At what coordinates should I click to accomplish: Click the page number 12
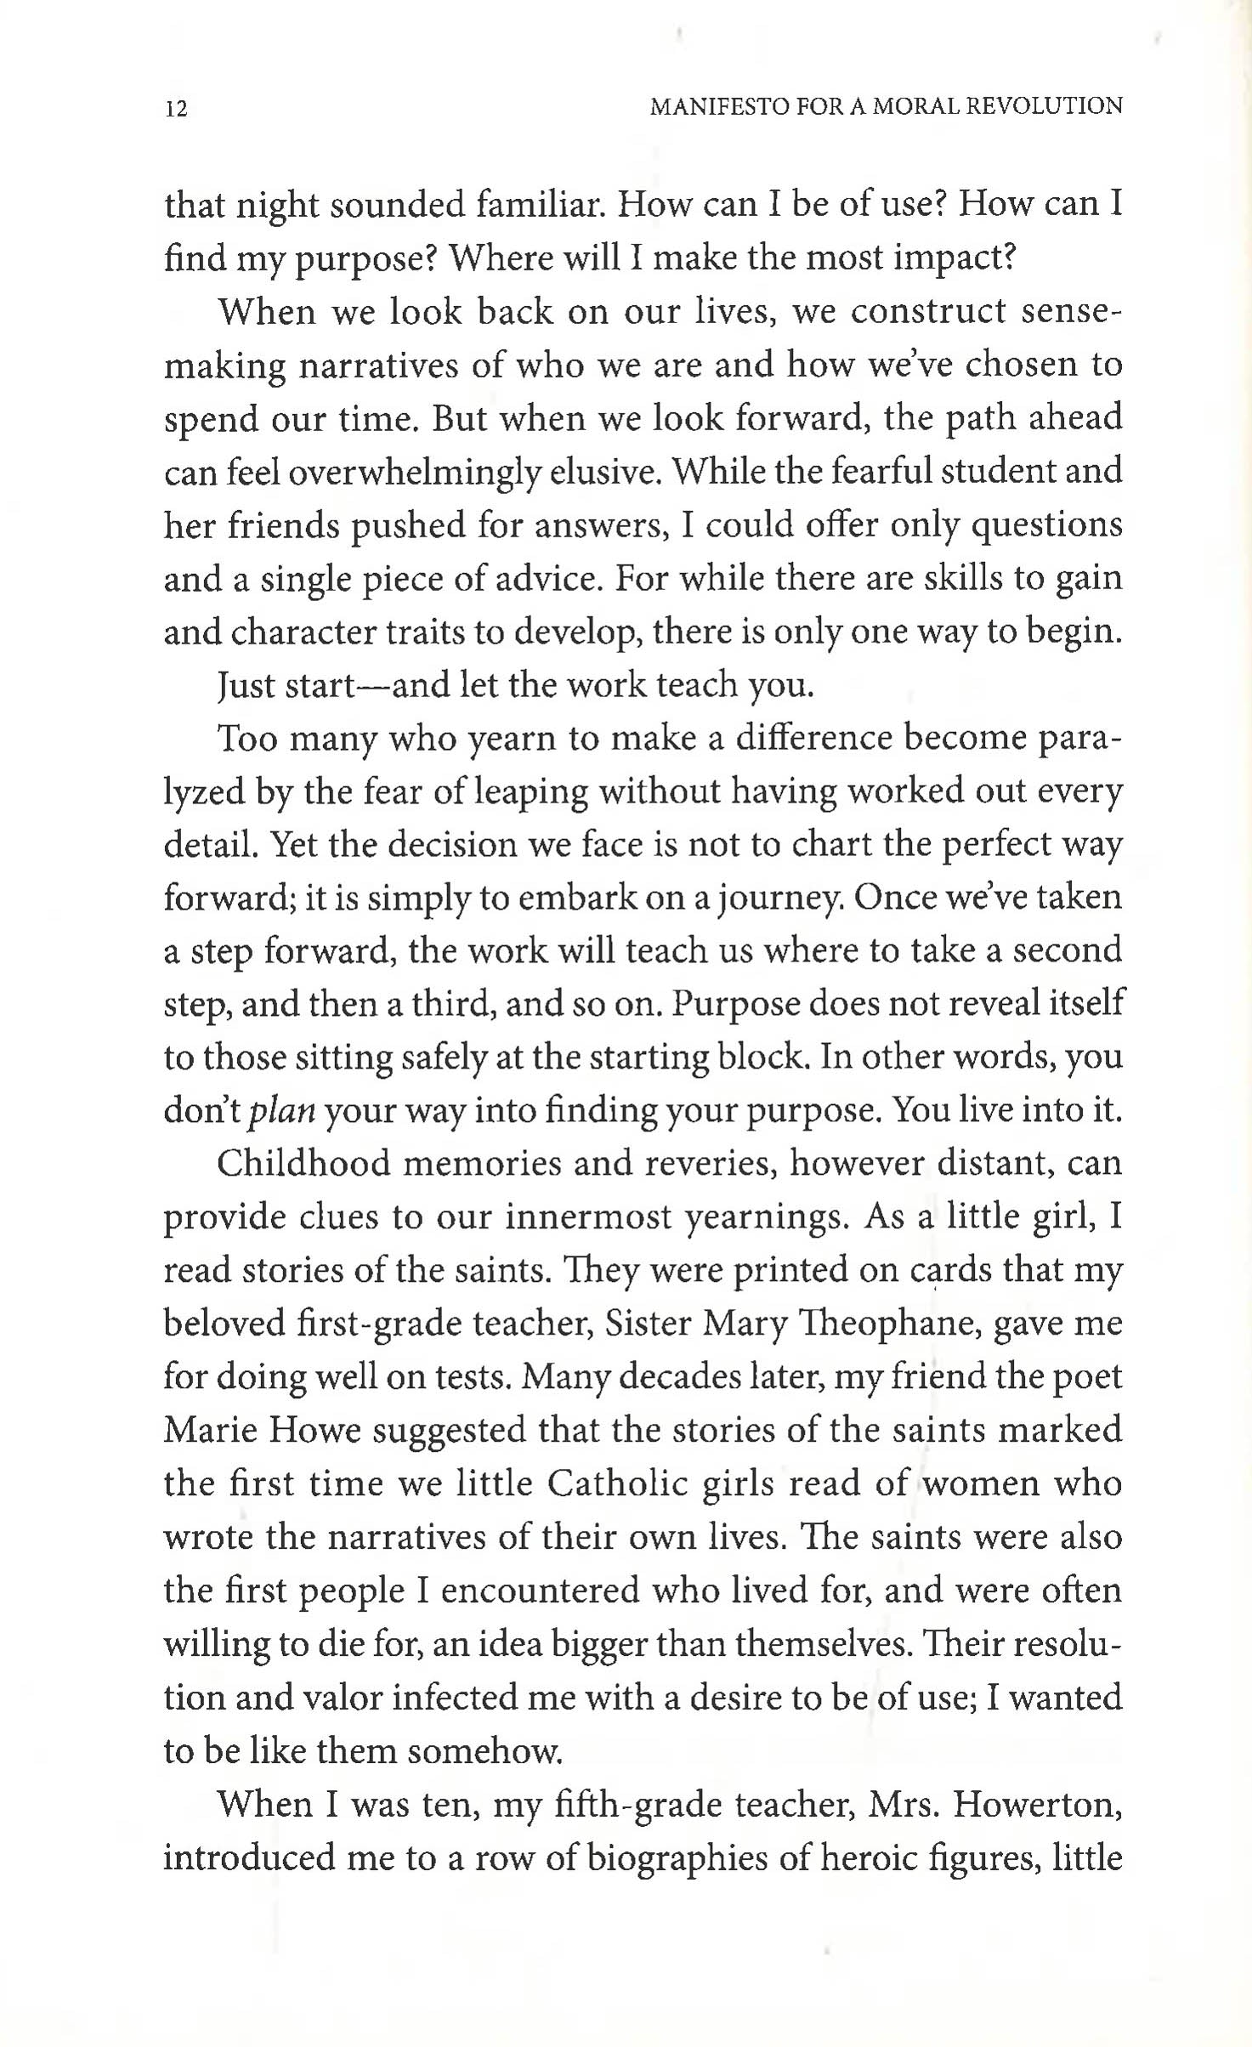tap(177, 109)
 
